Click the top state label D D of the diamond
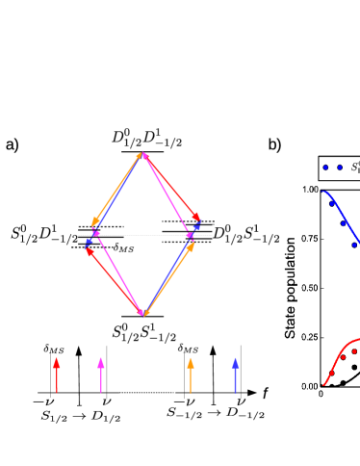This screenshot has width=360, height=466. pyautogui.click(x=146, y=139)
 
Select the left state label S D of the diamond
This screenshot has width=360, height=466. pyautogui.click(x=44, y=234)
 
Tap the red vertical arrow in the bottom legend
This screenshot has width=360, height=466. pyautogui.click(x=56, y=375)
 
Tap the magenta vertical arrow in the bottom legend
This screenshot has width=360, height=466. pyautogui.click(x=101, y=375)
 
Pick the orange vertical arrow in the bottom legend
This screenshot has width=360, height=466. pyautogui.click(x=190, y=375)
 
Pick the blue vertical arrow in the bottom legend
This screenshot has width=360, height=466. pyautogui.click(x=235, y=375)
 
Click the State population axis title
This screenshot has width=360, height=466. pyautogui.click(x=290, y=288)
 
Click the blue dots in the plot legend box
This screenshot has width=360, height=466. pyautogui.click(x=332, y=167)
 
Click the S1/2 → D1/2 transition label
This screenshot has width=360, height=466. pyautogui.click(x=81, y=416)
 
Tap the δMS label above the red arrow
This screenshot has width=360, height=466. pyautogui.click(x=54, y=349)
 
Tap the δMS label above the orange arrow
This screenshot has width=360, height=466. pyautogui.click(x=188, y=348)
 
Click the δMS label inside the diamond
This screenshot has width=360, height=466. pyautogui.click(x=123, y=247)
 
